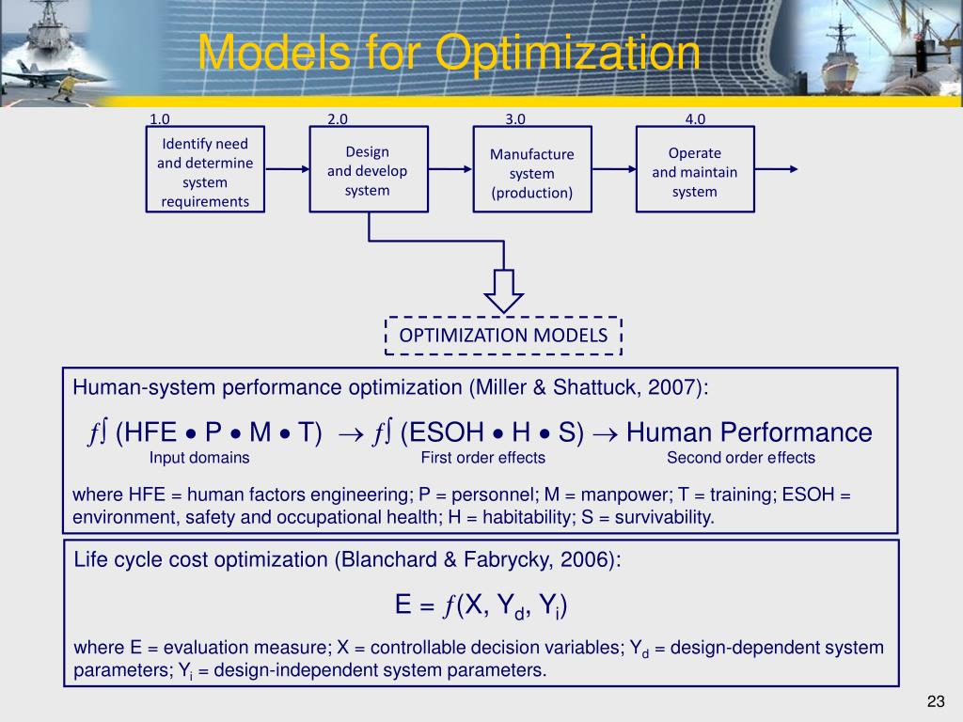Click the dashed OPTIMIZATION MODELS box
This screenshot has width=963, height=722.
pyautogui.click(x=504, y=336)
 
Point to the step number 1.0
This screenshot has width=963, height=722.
pyautogui.click(x=160, y=119)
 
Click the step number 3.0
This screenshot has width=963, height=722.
pyautogui.click(x=515, y=119)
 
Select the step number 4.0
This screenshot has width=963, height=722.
pyautogui.click(x=695, y=119)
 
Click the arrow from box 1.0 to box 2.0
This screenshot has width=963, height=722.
pyautogui.click(x=287, y=170)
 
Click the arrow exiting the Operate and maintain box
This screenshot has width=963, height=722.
pyautogui.click(x=775, y=170)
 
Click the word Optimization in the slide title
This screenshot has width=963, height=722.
pyautogui.click(x=570, y=53)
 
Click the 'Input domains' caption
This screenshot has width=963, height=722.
pyautogui.click(x=199, y=458)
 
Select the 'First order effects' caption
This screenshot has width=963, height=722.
pyautogui.click(x=483, y=458)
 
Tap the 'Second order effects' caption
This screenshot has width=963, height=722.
pyautogui.click(x=741, y=458)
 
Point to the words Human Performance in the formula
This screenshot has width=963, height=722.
pyautogui.click(x=750, y=432)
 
